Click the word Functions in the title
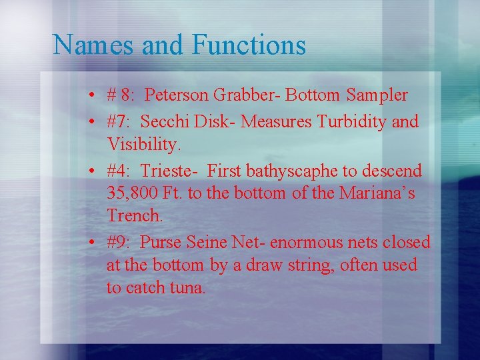pyautogui.click(x=249, y=45)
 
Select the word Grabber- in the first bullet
pyautogui.click(x=247, y=95)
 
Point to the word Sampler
pyautogui.click(x=377, y=95)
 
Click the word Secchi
pyautogui.click(x=164, y=122)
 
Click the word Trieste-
pyautogui.click(x=169, y=171)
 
